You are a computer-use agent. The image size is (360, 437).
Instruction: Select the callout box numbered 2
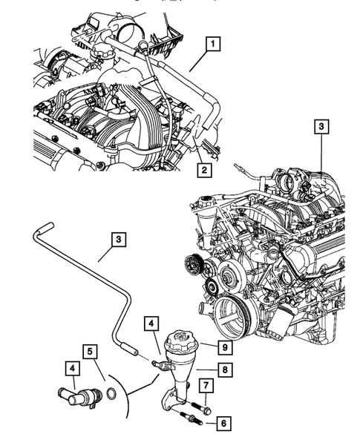202,171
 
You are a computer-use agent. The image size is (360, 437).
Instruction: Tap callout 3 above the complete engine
320,127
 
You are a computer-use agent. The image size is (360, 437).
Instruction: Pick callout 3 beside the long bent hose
119,239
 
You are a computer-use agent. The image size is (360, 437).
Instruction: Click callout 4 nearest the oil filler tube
151,323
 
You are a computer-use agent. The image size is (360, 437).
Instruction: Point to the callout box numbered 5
88,350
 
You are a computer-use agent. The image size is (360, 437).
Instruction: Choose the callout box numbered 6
222,424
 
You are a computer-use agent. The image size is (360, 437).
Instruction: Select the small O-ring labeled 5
111,393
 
